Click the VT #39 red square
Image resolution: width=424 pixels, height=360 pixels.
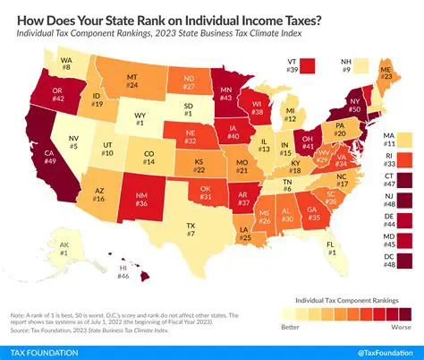click(x=309, y=64)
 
